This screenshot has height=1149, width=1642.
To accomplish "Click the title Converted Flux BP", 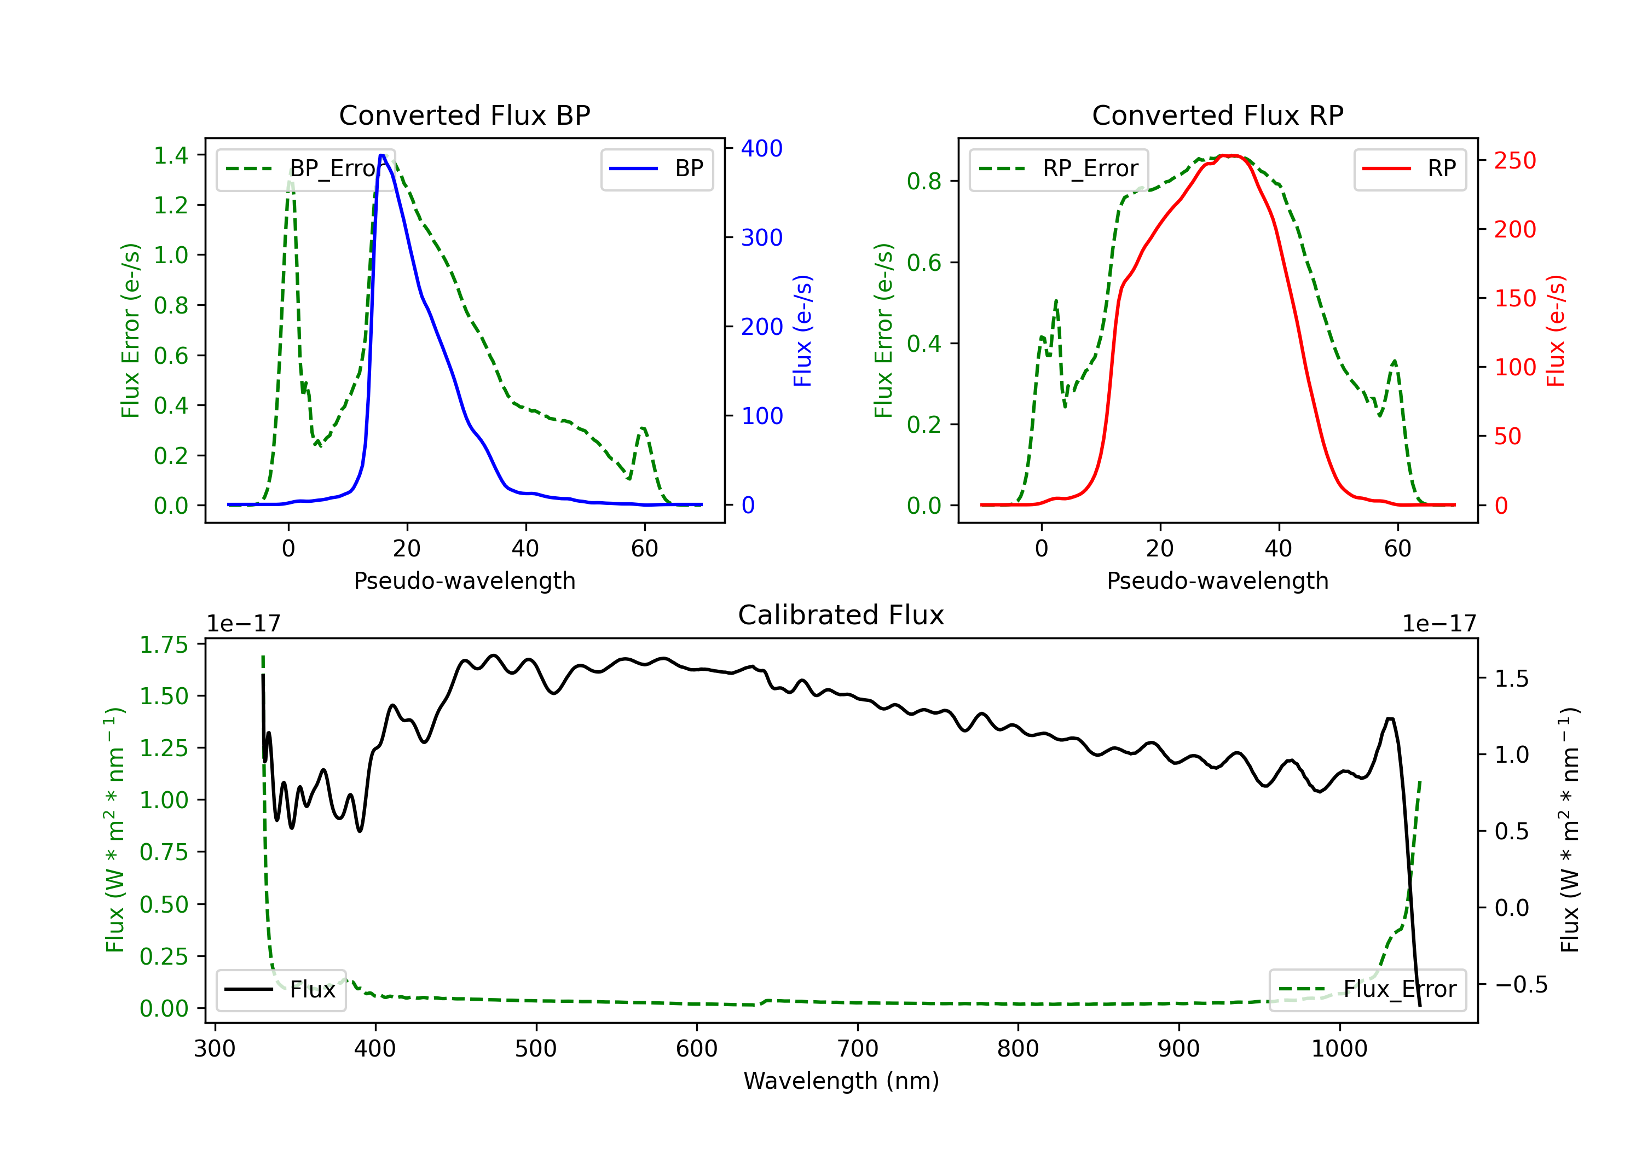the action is (x=464, y=115).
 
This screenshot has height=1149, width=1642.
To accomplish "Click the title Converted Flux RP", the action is (x=1217, y=115).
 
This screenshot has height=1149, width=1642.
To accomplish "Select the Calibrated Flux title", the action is (x=841, y=615).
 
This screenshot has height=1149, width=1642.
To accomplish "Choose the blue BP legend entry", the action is (x=656, y=169).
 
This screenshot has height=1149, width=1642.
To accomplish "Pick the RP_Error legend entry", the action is (x=1059, y=169).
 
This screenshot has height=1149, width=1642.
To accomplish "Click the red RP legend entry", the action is (x=1409, y=169).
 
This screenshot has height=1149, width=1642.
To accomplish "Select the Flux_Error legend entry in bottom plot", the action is (x=1367, y=990).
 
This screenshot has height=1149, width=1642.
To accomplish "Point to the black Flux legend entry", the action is (x=280, y=990).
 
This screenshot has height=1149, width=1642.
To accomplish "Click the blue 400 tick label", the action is (x=762, y=149).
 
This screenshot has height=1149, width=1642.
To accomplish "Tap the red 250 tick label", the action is (x=1514, y=161).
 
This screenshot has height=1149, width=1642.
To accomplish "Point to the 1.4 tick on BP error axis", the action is (x=171, y=155).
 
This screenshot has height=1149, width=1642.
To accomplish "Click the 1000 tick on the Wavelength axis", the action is (x=1339, y=1049).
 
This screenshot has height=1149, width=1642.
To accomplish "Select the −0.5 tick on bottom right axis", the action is (x=1521, y=984).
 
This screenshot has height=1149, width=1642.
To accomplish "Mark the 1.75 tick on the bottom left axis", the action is (x=164, y=645).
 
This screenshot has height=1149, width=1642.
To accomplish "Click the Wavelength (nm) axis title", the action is (x=841, y=1081).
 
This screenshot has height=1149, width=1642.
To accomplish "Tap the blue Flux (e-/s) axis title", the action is (x=802, y=330).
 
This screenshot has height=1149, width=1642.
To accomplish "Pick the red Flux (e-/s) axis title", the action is (x=1556, y=330).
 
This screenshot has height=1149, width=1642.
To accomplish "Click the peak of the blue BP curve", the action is (x=383, y=155).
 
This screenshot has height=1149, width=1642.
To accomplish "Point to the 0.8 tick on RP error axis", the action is (x=924, y=182).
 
